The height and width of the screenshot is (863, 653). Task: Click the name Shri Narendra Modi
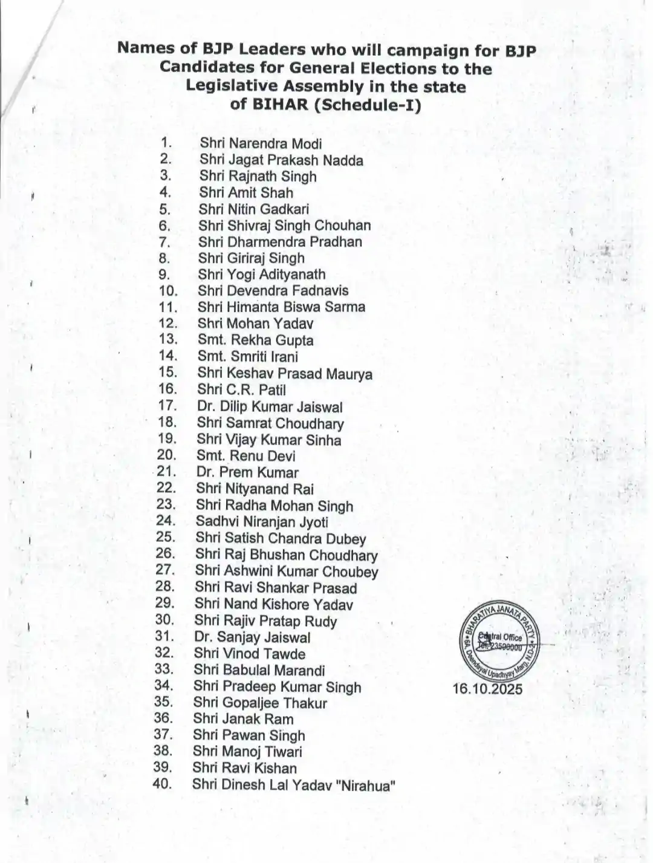point(261,144)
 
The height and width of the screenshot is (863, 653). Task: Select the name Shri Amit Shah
point(246,193)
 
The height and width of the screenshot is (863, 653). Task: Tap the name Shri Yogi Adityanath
point(262,275)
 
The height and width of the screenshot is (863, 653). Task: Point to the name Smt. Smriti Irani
point(247,357)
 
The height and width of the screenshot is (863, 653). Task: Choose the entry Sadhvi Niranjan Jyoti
point(262,522)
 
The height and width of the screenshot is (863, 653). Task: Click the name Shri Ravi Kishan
point(245,769)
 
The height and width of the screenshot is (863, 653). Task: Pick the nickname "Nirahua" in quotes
point(369,786)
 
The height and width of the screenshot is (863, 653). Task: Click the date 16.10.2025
point(487,689)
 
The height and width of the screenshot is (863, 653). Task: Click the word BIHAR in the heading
point(279,104)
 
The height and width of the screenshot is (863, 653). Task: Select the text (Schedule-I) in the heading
point(370,104)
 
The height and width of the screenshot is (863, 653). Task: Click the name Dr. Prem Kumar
point(247,473)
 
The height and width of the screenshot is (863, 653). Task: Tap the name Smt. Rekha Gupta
point(255,340)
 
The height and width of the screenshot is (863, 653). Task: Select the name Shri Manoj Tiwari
point(247,752)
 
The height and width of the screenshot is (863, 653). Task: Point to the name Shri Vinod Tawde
point(250,654)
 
